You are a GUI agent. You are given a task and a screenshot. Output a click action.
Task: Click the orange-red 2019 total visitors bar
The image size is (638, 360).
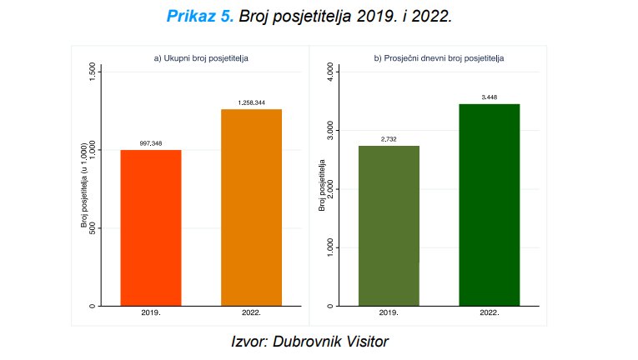click(151, 227)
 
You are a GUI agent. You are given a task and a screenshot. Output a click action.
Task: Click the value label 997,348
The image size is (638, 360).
click(151, 143)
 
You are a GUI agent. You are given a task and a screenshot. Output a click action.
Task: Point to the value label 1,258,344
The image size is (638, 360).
click(251, 102)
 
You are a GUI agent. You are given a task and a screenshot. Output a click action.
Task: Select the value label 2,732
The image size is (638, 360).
click(389, 139)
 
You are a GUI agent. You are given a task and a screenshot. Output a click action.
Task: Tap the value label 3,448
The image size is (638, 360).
click(489, 97)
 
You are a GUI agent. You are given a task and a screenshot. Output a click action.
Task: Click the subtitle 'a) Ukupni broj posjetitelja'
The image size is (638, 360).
click(201, 58)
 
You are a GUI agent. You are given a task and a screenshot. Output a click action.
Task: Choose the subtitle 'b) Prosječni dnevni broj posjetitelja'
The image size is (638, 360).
click(439, 58)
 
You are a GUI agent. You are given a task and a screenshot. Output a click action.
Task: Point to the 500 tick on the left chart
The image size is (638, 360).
click(91, 228)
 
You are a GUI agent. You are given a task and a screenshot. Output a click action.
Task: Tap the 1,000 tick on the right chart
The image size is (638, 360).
click(330, 247)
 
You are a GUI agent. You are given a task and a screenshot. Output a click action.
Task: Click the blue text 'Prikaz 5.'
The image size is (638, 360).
click(201, 16)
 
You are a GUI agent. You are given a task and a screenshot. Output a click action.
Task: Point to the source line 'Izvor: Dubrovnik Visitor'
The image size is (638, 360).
click(309, 342)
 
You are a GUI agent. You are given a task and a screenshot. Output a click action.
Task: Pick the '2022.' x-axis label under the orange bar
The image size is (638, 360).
click(251, 313)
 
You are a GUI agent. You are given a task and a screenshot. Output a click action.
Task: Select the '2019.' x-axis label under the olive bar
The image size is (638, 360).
click(389, 313)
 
